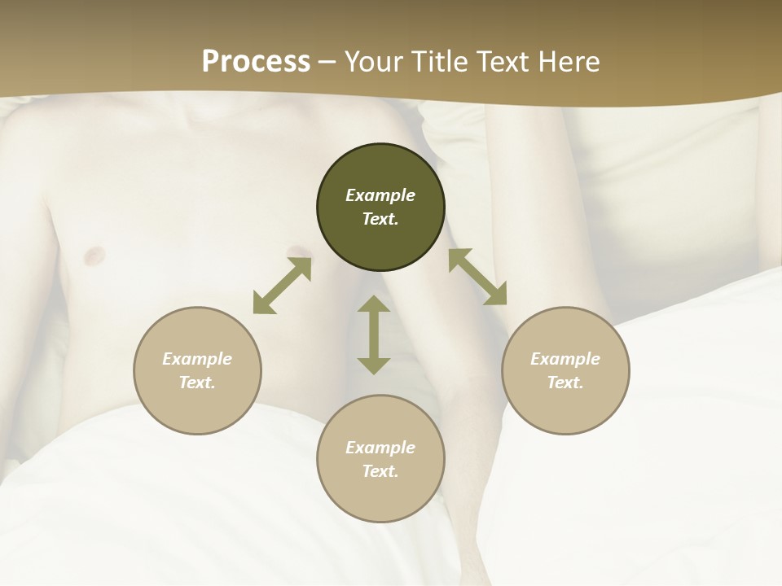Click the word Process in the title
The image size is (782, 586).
(256, 62)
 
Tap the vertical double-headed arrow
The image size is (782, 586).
(374, 335)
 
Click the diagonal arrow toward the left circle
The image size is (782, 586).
(282, 286)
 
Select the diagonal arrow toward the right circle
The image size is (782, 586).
(477, 277)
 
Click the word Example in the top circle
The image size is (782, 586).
(380, 195)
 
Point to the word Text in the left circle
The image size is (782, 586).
(197, 383)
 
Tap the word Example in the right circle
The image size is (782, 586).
(565, 359)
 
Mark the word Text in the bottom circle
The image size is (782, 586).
(380, 471)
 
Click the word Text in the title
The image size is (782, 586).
(505, 62)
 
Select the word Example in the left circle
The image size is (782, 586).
(197, 359)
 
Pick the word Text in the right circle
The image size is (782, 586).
(565, 383)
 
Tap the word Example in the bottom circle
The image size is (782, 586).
(380, 448)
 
